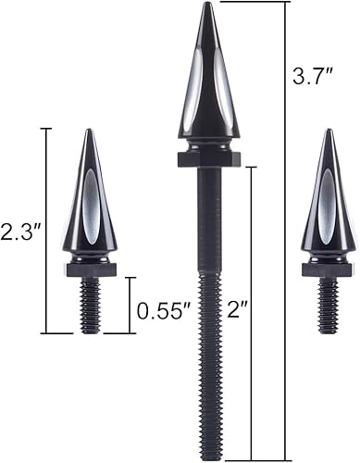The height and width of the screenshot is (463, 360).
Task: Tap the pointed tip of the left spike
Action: (90, 131)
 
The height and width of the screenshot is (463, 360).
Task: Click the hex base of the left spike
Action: (90, 270)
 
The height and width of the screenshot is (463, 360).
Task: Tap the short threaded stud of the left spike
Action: (90, 306)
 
